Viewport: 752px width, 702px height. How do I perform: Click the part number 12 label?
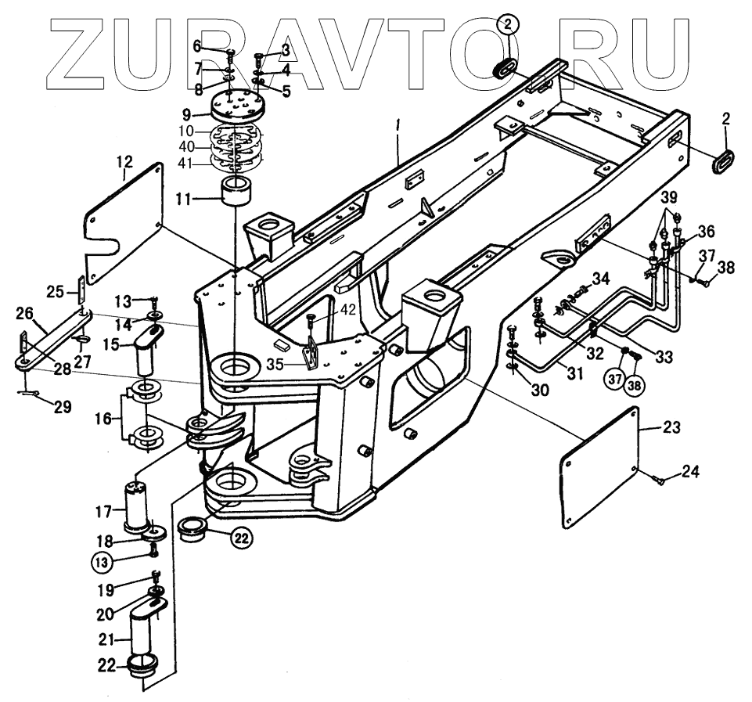click(124, 163)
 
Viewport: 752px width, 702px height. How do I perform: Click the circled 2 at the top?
click(507, 26)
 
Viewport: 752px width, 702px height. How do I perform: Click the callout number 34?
click(601, 278)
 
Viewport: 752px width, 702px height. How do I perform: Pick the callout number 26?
click(24, 314)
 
